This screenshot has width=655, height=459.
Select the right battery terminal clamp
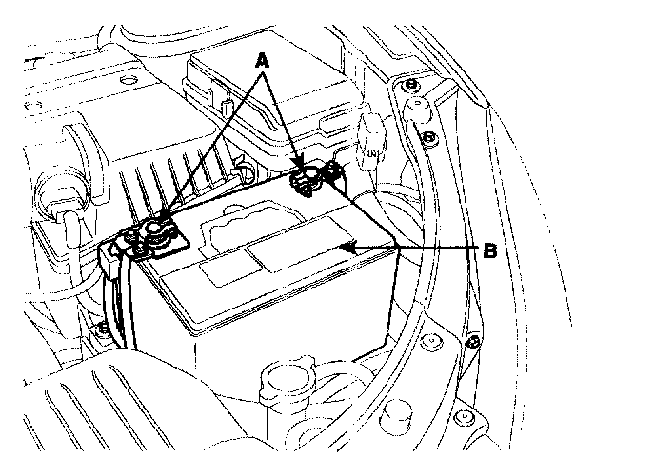(307, 178)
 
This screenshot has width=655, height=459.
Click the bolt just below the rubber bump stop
(429, 139)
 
